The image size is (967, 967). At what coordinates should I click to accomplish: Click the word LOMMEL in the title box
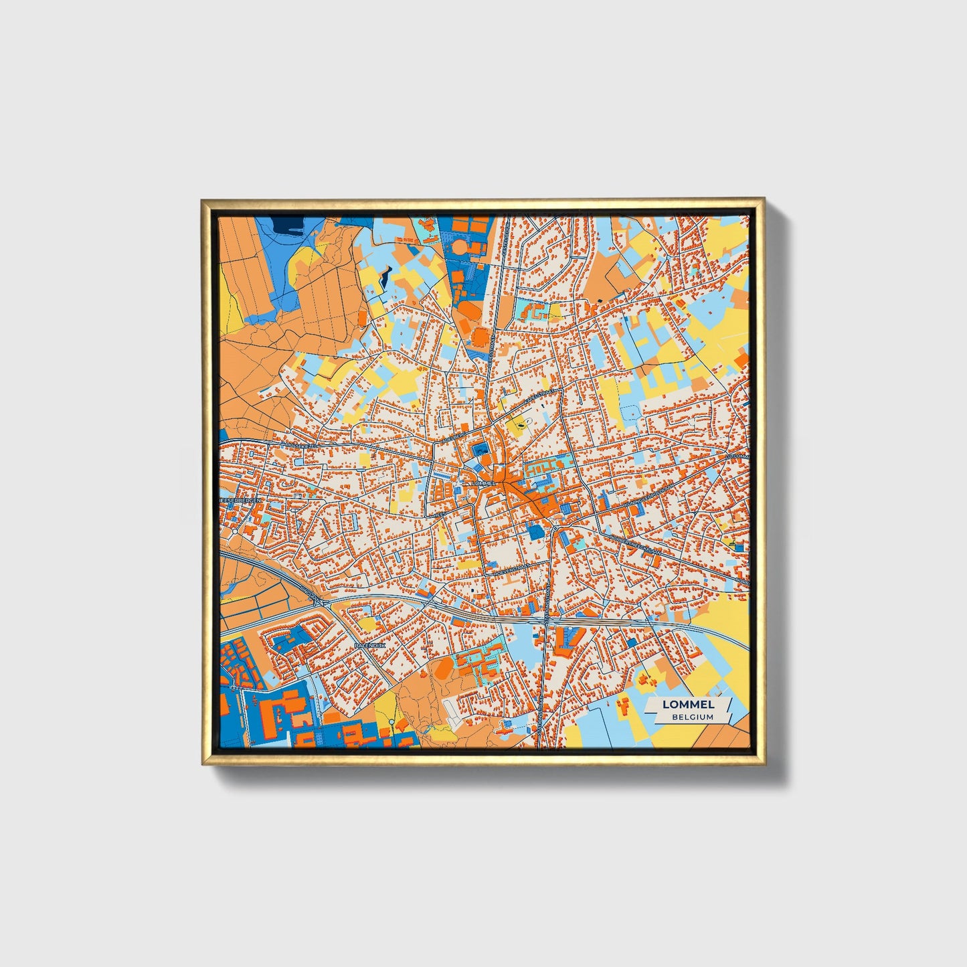pos(688,704)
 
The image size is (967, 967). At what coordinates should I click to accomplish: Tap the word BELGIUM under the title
pos(693,717)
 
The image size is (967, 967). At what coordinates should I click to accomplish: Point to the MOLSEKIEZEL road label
pos(299,444)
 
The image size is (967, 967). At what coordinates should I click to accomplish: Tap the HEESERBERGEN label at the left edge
pos(240,500)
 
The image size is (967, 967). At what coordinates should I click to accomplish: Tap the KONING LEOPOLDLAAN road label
pos(644,497)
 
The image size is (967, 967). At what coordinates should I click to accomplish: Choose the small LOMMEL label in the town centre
pos(483,482)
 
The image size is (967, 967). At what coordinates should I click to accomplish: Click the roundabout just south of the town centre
pos(555,529)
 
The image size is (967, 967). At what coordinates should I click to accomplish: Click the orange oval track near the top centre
pos(461,247)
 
